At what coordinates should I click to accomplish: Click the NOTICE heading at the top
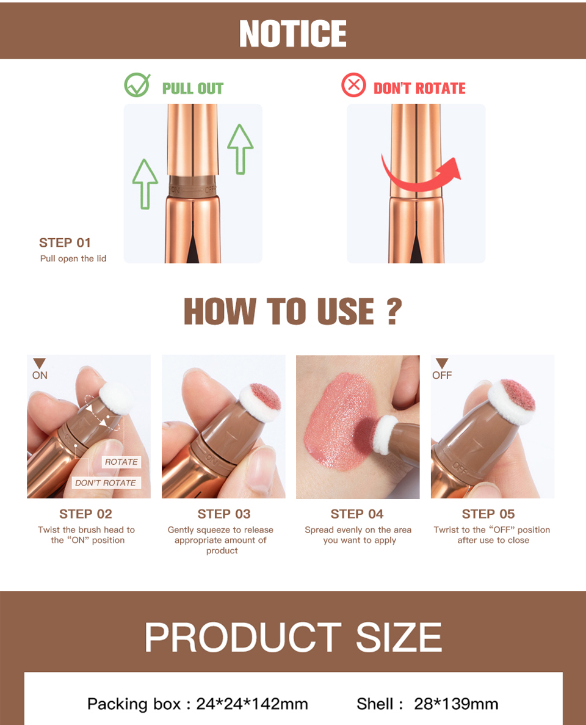(x=292, y=34)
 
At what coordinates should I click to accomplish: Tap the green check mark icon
(x=137, y=85)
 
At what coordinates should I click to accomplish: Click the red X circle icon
(x=353, y=85)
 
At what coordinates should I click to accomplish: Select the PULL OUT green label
(x=193, y=89)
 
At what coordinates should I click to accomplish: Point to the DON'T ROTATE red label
(x=419, y=89)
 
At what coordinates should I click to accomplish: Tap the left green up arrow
(x=145, y=184)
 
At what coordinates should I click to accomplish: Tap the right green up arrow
(x=241, y=149)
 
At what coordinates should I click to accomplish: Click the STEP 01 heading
(x=65, y=242)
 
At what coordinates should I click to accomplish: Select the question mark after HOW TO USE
(x=394, y=311)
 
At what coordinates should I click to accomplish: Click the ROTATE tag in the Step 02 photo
(x=121, y=462)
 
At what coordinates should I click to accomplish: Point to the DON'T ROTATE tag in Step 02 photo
(x=106, y=483)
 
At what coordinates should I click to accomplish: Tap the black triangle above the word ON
(x=39, y=363)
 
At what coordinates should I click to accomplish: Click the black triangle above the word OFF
(x=442, y=363)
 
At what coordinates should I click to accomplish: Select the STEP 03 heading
(x=224, y=514)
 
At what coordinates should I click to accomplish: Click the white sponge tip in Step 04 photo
(x=385, y=435)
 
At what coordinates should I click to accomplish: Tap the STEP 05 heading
(x=488, y=514)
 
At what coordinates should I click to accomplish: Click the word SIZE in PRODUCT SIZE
(x=399, y=637)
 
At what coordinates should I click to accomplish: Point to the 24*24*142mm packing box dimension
(x=252, y=704)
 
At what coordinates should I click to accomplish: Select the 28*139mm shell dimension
(x=456, y=704)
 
